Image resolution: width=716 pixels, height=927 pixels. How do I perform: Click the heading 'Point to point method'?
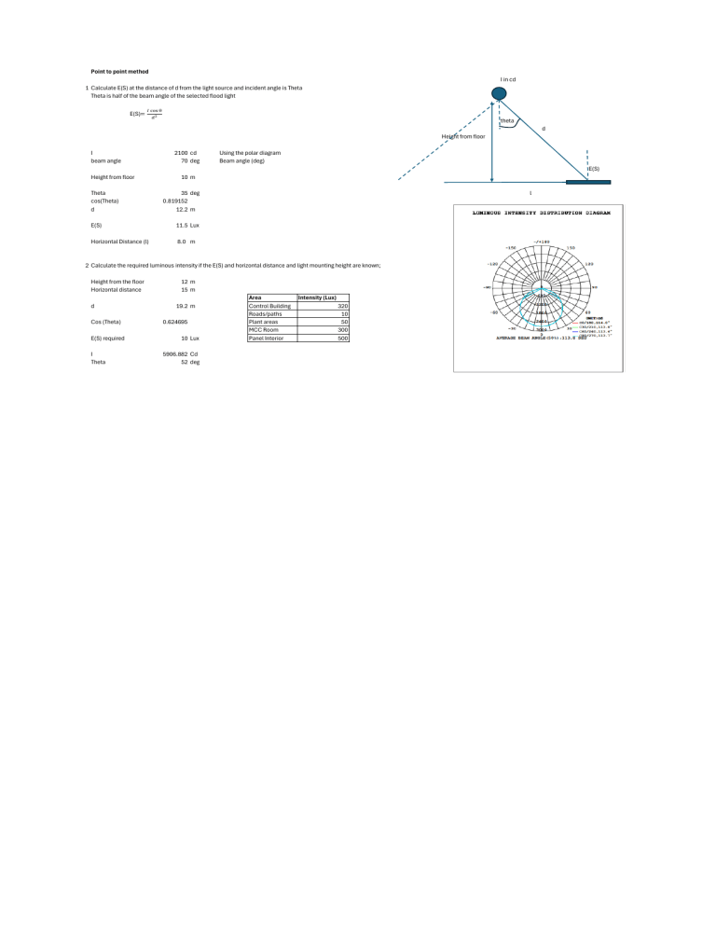pos(118,72)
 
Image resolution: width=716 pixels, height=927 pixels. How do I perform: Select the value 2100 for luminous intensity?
pos(181,152)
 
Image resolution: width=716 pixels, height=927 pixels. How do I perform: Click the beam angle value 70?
pos(186,160)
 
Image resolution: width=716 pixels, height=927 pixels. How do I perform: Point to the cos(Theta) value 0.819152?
pos(175,201)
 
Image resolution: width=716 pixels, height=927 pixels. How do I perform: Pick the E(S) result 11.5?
pos(183,226)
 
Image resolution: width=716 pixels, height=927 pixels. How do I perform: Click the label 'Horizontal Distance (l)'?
pos(119,242)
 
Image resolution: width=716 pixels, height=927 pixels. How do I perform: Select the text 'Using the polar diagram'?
pos(250,152)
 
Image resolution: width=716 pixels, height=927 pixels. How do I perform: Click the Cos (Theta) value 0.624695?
pos(175,322)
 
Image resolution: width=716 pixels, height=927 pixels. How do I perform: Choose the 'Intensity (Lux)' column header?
pos(316,297)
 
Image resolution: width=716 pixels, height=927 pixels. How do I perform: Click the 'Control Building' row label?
pos(270,306)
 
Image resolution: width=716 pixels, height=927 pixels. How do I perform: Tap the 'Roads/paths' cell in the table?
pos(266,314)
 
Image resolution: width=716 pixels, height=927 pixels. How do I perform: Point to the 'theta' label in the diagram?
pos(507,121)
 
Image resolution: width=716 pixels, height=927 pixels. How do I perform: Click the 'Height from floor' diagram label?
pos(463,136)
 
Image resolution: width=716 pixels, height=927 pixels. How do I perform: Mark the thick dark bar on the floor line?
pos(587,182)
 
